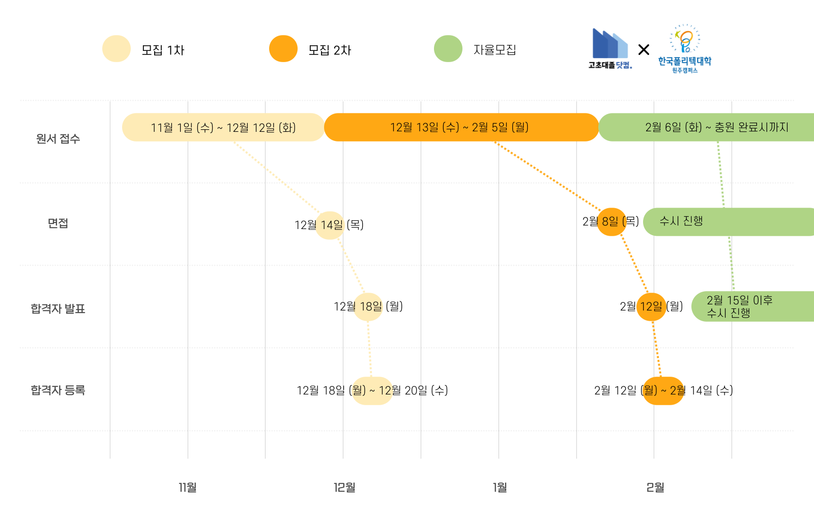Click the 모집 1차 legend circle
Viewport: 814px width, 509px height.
coord(117,49)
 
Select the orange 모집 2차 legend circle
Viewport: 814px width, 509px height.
coord(283,49)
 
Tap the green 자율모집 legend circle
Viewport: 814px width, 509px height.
coord(448,49)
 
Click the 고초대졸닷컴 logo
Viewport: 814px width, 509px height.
coord(610,49)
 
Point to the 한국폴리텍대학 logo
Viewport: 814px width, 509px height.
coord(684,49)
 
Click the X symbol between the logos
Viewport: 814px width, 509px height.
coord(644,50)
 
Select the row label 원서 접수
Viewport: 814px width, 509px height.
coord(58,139)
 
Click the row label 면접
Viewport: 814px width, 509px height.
coord(58,223)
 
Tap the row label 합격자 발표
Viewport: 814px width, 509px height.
coord(58,309)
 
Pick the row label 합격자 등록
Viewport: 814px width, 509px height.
coord(58,390)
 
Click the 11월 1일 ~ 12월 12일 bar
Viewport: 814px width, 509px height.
coord(223,127)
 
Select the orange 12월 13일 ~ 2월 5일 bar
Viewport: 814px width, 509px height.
coord(460,127)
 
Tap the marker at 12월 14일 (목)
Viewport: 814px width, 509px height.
coord(330,225)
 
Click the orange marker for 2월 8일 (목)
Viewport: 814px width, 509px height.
coord(611,222)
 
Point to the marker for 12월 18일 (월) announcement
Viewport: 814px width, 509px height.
coord(368,307)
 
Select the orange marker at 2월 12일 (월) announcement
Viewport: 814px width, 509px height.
coord(651,307)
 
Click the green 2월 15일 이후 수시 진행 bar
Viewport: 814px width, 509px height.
coord(753,306)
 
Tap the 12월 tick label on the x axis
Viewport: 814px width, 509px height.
coord(344,488)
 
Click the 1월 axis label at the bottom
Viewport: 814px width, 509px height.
coord(500,488)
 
